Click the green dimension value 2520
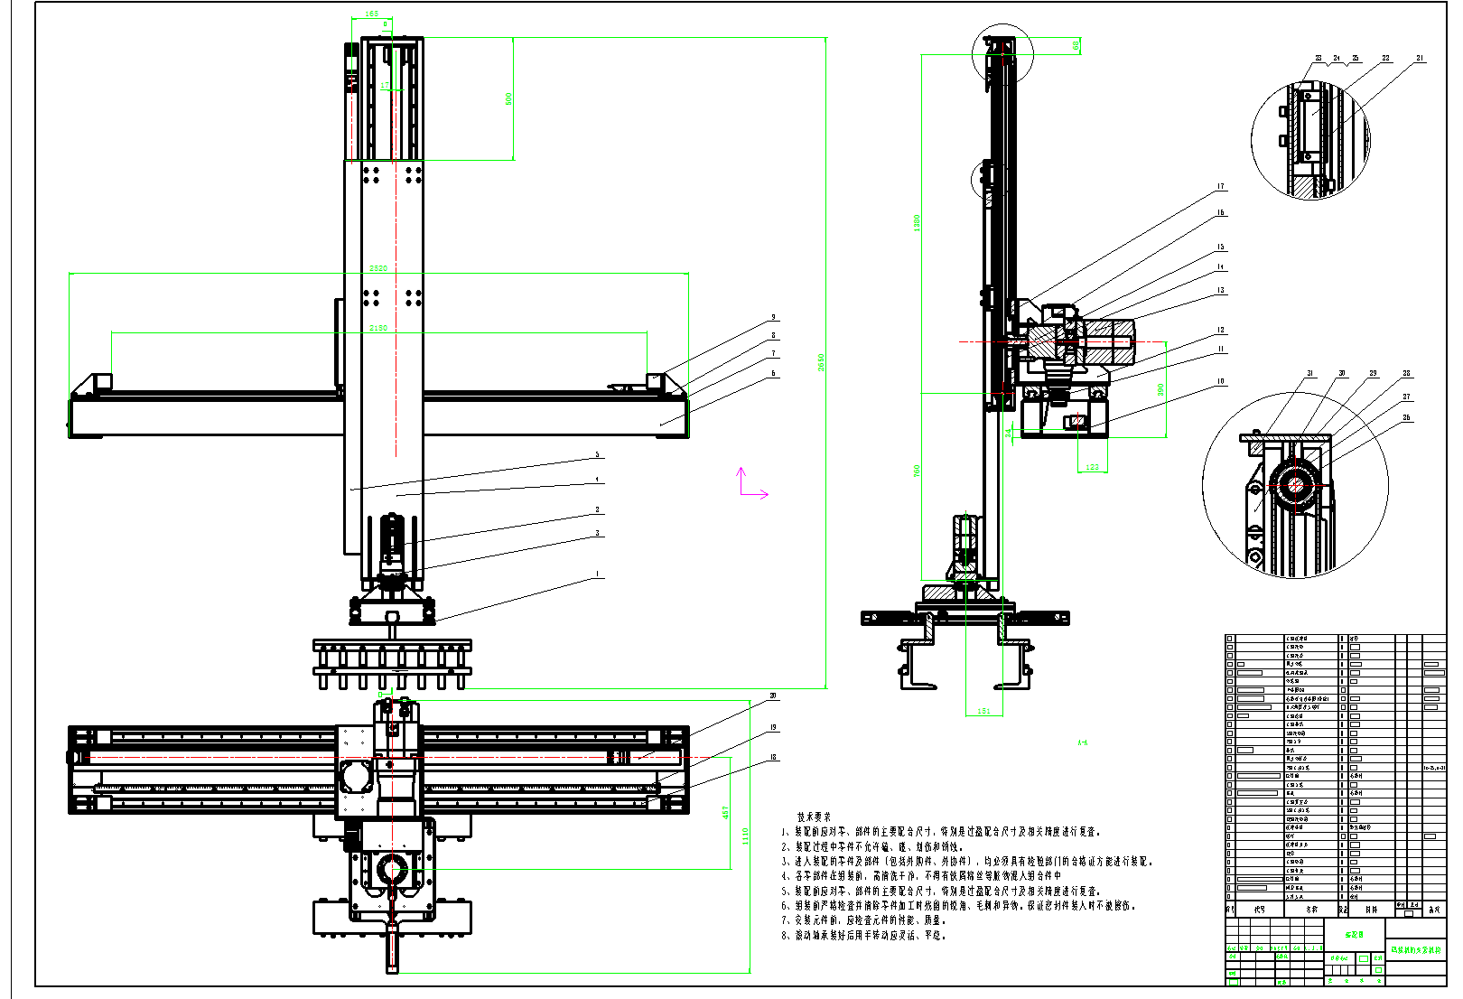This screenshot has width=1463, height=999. (x=378, y=268)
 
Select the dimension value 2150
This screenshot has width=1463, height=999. (x=378, y=328)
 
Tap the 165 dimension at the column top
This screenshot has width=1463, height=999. (x=371, y=14)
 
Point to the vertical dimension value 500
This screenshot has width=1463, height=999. (x=508, y=98)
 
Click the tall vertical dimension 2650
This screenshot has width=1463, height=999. (x=821, y=362)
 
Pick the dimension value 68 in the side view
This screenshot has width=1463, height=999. (x=1076, y=45)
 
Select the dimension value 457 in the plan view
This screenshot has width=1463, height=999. (x=725, y=812)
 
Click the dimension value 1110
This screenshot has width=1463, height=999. (x=745, y=836)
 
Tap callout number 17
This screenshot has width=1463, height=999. (x=1220, y=187)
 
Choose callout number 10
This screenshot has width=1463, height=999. (x=1220, y=381)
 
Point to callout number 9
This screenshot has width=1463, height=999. (x=773, y=318)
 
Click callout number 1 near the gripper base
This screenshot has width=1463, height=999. (x=597, y=574)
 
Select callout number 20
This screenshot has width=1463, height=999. (x=773, y=696)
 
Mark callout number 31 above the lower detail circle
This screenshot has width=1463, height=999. (x=1309, y=373)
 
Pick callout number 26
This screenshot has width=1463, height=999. (x=1406, y=417)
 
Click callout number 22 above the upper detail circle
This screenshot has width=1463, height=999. (x=1385, y=59)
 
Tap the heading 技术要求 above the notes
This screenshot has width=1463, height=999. (x=813, y=817)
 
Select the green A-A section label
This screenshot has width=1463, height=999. (x=1082, y=742)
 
